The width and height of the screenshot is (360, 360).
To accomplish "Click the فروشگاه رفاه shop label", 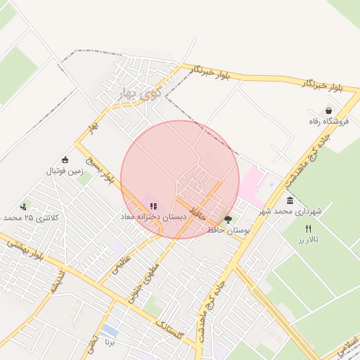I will pos(328,122).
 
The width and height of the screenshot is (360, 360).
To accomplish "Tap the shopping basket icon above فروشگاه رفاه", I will pos(328,110).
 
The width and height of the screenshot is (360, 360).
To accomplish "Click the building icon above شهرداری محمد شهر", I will pos(290,201).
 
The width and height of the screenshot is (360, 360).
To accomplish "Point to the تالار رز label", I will pos(308,240).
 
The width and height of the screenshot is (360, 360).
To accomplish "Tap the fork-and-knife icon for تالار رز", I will pos(308,229).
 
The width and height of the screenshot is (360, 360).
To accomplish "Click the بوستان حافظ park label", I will pos(229,230).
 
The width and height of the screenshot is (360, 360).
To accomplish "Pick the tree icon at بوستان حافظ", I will pos(228,219).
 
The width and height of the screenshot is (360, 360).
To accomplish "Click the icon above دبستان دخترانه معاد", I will pos(153,207).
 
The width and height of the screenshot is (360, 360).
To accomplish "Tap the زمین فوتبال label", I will pos(65,171).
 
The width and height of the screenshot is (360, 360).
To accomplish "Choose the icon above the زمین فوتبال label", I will pos(65,160).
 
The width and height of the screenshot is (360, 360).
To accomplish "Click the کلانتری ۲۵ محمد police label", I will pos(32,218).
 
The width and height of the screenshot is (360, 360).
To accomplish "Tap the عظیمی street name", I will pos(121,263).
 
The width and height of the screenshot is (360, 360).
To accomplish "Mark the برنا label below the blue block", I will pos(109,342).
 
